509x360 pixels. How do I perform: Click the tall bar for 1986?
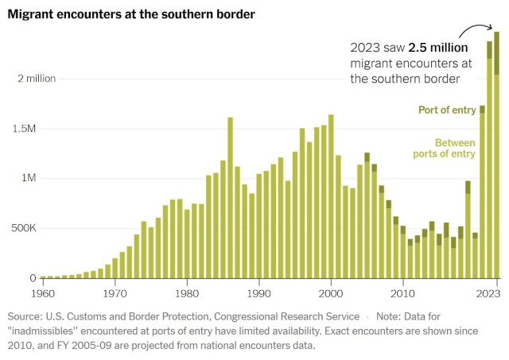pos(230,199)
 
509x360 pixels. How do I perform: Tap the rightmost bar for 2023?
pos(496,159)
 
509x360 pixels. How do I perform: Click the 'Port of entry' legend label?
pos(447,110)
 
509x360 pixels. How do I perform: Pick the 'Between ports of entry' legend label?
pos(454,148)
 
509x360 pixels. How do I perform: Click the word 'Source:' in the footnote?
pos(27,316)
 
